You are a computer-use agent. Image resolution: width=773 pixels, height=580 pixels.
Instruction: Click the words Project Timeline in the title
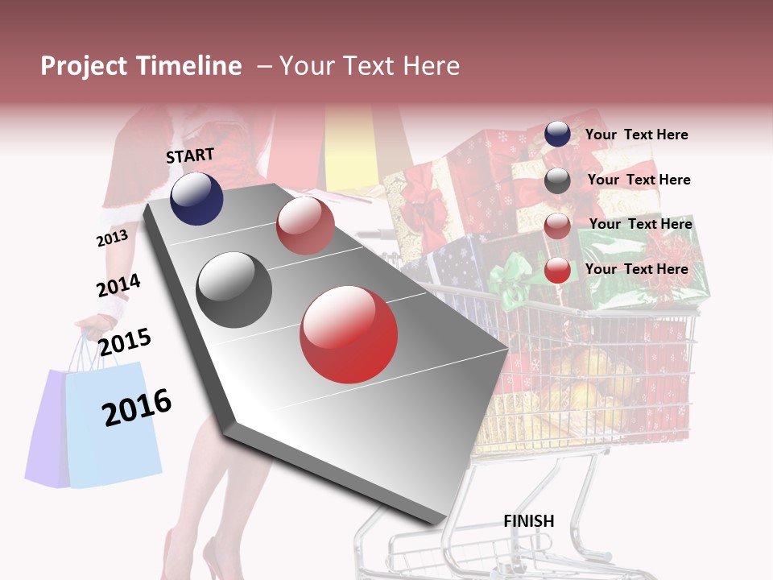pos(141,66)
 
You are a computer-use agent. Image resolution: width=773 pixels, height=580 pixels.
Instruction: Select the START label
pos(190,155)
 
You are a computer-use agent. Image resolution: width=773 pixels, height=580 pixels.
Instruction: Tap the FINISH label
pos(528,521)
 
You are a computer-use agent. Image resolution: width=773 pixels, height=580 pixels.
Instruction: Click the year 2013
pos(112,238)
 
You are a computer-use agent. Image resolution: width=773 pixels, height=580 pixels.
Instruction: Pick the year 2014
pos(118,286)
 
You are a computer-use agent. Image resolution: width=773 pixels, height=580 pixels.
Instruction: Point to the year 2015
pos(125,342)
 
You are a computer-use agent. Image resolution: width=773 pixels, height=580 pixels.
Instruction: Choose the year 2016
pos(137,407)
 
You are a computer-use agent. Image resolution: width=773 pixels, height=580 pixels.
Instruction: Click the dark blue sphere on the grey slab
pos(196,198)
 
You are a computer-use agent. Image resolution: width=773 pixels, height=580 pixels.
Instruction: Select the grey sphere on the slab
pos(234,290)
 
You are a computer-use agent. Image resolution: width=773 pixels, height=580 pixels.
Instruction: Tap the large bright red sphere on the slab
pos(349,334)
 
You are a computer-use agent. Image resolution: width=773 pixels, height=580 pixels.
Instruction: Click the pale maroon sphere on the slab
pos(305,226)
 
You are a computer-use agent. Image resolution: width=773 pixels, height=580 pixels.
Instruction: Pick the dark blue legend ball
pos(557,135)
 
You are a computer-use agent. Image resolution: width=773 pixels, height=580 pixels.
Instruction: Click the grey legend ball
pos(557,180)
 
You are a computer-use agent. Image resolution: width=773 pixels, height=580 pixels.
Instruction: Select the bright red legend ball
pos(557,271)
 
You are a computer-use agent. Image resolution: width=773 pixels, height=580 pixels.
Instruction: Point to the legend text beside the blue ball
pos(636,135)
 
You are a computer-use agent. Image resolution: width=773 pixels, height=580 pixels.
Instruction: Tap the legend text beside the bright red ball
pos(636,269)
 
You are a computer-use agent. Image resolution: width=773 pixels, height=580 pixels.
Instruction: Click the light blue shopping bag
pos(113,427)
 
